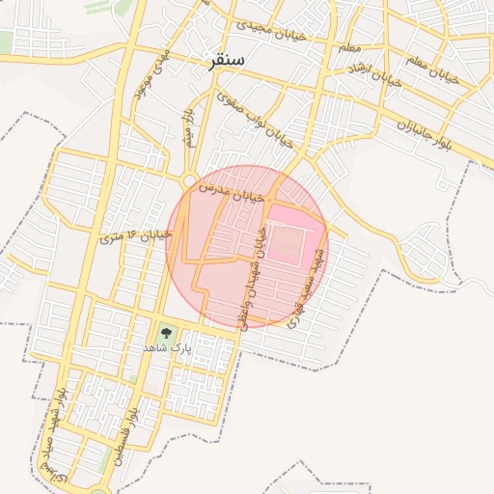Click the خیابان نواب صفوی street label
tap(255, 117)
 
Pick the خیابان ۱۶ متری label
tap(136, 234)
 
